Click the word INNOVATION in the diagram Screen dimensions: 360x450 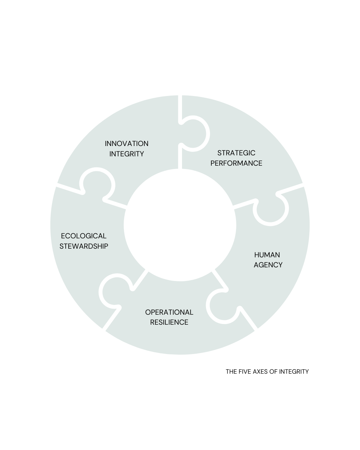pos(126,144)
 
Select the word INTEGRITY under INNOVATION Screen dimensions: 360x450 pos(126,154)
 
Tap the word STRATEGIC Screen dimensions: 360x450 pos(236,153)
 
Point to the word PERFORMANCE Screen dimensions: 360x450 pos(236,163)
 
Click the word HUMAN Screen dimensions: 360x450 pos(267,255)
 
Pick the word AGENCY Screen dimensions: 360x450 pos(268,265)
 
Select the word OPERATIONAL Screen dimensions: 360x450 pos(169,312)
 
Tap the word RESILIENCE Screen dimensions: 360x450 pos(169,322)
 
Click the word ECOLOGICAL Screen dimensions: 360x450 pos(84,236)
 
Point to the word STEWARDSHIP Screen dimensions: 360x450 pos(84,246)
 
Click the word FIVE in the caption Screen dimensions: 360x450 pos(245,372)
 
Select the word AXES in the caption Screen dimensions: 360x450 pos(260,372)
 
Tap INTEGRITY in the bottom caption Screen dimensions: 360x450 pos(294,372)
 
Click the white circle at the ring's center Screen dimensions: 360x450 pos(180,225)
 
